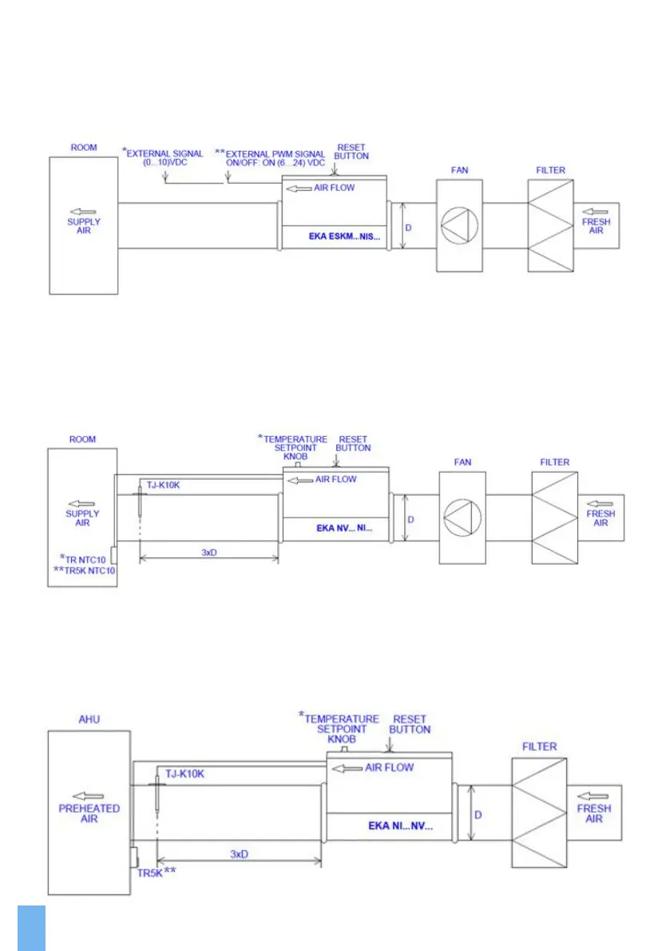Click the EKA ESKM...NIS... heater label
coord(345,237)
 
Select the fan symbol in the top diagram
coord(459,225)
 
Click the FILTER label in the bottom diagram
coord(539,747)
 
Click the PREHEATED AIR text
coord(89,814)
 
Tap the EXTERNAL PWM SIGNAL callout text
coord(273,158)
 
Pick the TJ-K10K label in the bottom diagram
coord(185,773)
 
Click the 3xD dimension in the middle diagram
coord(208,552)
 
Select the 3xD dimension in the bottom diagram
coord(239,854)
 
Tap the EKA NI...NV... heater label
coord(400,826)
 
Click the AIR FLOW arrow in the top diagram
coord(299,188)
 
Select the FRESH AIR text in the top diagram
coord(596,225)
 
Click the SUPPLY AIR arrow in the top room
coord(83,212)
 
